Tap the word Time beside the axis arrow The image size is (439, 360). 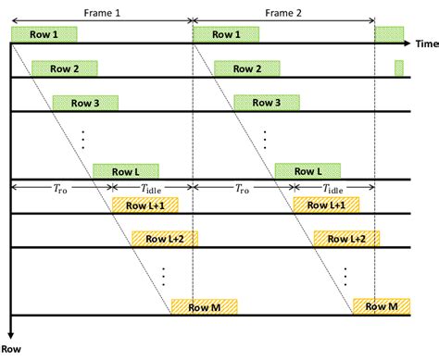426,43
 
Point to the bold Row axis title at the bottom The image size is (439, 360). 11,349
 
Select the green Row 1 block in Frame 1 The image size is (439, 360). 44,34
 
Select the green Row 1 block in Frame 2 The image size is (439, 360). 226,34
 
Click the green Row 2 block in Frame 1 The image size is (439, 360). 64,68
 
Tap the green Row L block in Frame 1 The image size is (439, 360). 126,171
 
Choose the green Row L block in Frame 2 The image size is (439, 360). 307,171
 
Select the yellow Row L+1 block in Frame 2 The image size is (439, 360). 327,205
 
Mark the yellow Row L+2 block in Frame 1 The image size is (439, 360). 165,239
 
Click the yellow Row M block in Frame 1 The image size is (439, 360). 205,306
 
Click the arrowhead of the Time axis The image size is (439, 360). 407,43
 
